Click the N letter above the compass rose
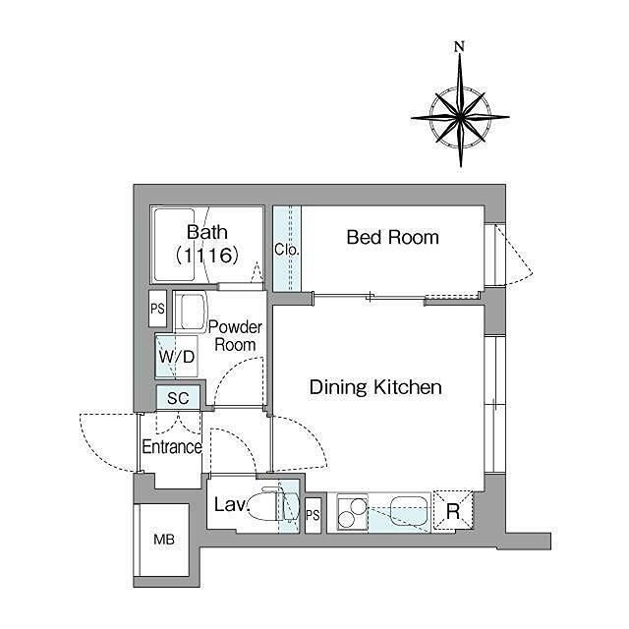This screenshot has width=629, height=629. click(459, 46)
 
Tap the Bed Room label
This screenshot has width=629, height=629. click(393, 237)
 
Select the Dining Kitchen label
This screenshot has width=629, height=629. click(375, 387)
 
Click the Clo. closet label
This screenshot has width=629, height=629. click(286, 250)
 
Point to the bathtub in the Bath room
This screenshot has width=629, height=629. click(174, 245)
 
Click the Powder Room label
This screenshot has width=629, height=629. click(235, 336)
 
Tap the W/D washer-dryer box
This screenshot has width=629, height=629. click(177, 356)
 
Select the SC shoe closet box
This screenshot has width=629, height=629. click(178, 397)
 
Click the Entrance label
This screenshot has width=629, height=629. click(172, 447)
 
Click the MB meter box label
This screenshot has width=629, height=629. click(164, 540)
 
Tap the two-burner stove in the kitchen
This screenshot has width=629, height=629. click(353, 513)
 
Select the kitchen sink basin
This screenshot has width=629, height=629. click(409, 510)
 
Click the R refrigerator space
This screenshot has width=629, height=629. click(453, 511)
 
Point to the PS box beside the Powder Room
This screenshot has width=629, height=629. click(157, 309)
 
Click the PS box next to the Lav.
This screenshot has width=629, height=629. click(313, 515)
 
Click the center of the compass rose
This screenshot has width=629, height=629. click(460, 117)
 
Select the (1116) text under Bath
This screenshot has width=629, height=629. click(207, 255)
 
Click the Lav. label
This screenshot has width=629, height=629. click(232, 504)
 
